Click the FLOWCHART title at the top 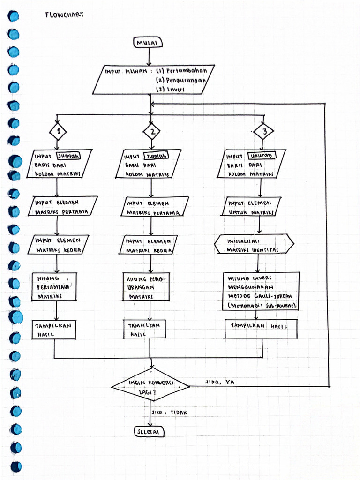[64, 15]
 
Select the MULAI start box [148, 43]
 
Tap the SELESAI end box [149, 431]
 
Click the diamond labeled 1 [59, 132]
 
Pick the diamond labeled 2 [151, 132]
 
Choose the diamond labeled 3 [264, 132]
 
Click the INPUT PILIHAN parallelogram [154, 80]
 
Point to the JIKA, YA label [219, 382]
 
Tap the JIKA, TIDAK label [169, 412]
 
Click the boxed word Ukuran [260, 156]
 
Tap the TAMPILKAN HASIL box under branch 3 [262, 329]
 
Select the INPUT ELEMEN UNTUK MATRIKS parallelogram [251, 207]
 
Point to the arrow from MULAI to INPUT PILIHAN [149, 57]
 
